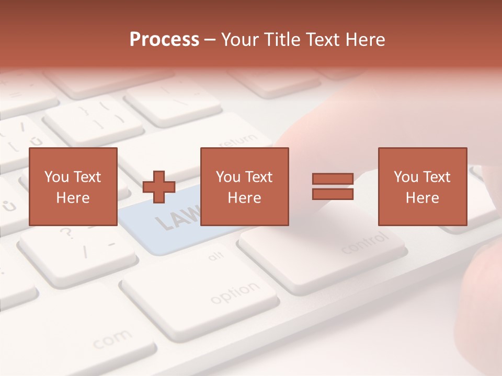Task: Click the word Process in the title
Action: (x=164, y=39)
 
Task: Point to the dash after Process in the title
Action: (x=210, y=40)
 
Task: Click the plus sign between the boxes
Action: (x=159, y=187)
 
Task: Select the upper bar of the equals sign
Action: (x=333, y=179)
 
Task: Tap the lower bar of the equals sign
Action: (x=333, y=194)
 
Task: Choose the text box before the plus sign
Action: (x=73, y=186)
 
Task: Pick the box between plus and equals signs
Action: (x=244, y=186)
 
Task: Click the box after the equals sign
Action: (x=422, y=186)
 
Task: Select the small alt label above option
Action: (x=216, y=256)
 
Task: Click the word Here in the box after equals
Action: (x=422, y=197)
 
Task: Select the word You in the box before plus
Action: (x=56, y=177)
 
